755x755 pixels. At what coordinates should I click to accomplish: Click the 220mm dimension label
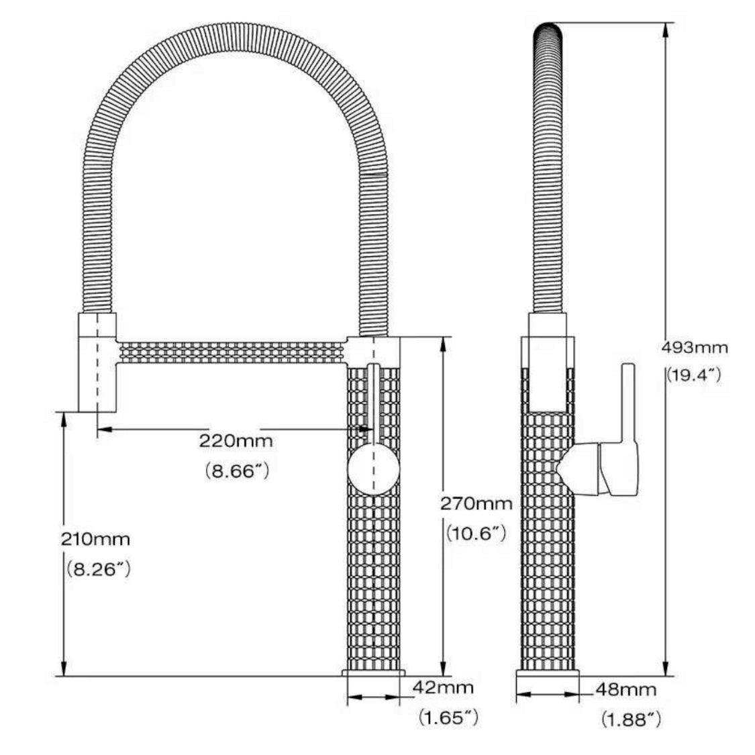pos(236,441)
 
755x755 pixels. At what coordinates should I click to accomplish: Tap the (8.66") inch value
pos(236,471)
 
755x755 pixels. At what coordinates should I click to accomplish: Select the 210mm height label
pos(95,538)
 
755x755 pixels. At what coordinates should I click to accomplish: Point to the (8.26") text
pos(98,570)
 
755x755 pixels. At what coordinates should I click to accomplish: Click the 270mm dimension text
pos(476,503)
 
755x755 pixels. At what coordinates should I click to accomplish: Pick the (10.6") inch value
pos(475,534)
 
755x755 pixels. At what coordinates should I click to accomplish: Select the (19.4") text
pos(693,375)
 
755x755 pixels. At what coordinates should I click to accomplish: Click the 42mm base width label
pos(442,687)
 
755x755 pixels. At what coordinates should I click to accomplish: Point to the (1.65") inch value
pos(448,718)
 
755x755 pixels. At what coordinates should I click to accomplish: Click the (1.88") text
pos(630,720)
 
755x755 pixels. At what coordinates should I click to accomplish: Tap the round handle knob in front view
pos(374,468)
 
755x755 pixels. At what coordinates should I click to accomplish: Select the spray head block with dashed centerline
pos(97,362)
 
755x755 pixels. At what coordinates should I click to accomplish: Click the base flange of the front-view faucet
pos(374,672)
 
